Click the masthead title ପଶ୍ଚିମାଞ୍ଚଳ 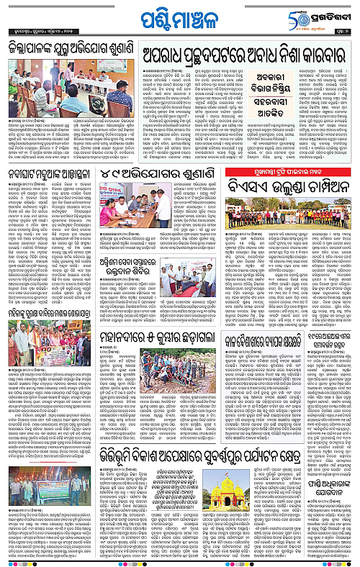179,16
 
